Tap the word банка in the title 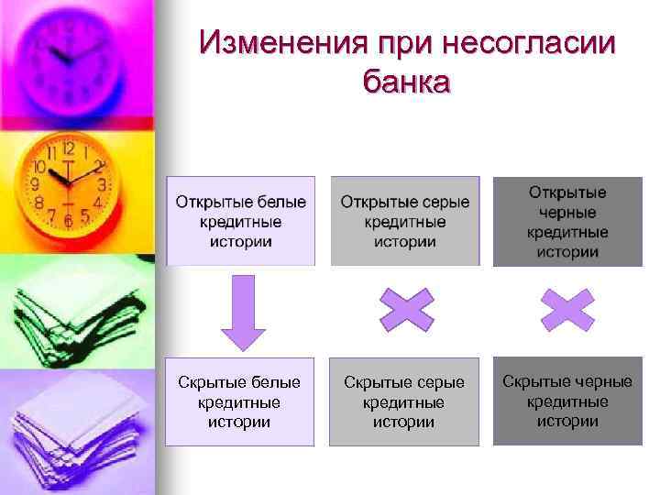pyautogui.click(x=406, y=82)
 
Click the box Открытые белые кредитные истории pyautogui.click(x=241, y=221)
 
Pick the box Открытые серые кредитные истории pyautogui.click(x=405, y=221)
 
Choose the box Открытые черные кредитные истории pyautogui.click(x=566, y=221)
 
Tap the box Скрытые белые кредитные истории pyautogui.click(x=239, y=401)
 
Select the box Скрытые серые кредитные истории pyautogui.click(x=404, y=401)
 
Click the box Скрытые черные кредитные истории pyautogui.click(x=566, y=401)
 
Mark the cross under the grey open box pyautogui.click(x=406, y=309)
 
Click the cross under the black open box pyautogui.click(x=567, y=309)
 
